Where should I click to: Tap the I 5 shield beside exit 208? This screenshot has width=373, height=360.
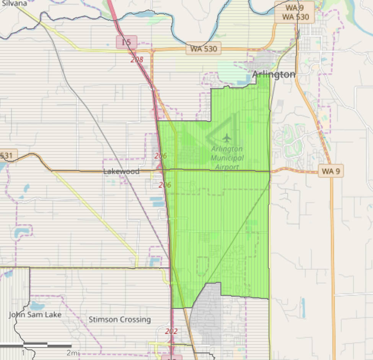point(126,42)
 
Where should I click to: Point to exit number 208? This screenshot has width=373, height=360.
point(137,60)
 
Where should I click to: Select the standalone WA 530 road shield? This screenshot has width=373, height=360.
point(204,49)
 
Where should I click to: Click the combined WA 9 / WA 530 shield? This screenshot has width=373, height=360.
point(295,12)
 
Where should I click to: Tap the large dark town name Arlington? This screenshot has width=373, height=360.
point(274,75)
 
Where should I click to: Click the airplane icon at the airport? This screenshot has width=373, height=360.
point(227,137)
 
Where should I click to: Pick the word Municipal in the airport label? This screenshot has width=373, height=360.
point(227,158)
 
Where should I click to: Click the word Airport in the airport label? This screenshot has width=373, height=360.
point(227,167)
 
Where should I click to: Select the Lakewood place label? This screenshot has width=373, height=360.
point(121,171)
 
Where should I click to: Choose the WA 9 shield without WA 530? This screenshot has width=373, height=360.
point(331,171)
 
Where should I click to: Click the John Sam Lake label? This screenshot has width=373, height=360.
point(35,315)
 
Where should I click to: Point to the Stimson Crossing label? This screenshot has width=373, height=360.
point(120,319)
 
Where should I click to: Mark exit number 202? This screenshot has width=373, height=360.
point(171,332)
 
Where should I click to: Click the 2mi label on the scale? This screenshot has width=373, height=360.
point(73,352)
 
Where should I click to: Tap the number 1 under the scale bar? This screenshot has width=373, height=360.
point(23,352)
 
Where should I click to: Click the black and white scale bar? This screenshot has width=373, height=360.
point(36,345)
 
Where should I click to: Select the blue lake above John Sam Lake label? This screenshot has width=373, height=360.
point(37,305)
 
